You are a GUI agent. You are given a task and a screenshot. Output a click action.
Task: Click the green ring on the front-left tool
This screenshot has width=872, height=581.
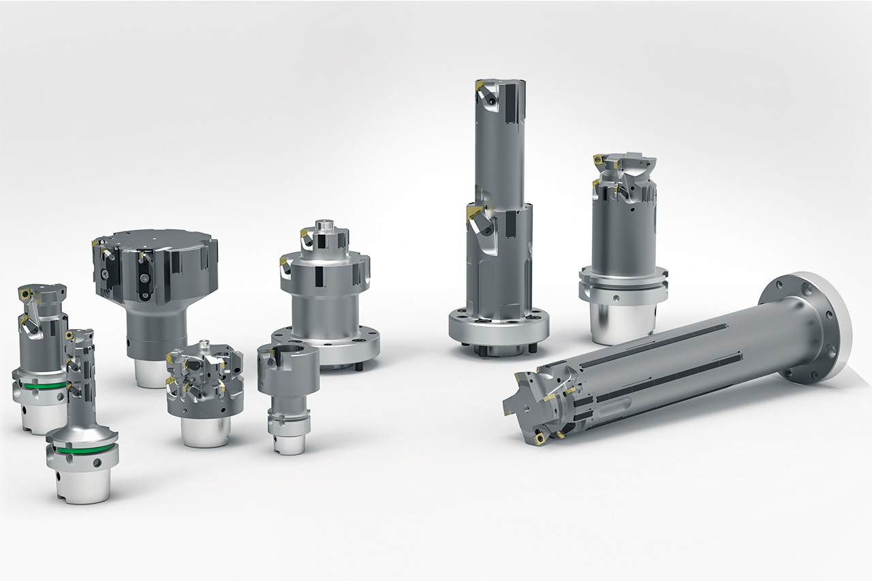(82, 450)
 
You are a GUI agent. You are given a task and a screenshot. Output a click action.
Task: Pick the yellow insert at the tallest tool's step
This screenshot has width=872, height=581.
(473, 213)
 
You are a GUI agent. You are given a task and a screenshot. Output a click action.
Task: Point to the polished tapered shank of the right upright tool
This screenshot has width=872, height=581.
(621, 323)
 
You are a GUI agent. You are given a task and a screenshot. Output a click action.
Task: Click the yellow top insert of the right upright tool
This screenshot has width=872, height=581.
(600, 161)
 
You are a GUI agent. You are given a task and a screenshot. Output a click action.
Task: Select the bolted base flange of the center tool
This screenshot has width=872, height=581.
(326, 347)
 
